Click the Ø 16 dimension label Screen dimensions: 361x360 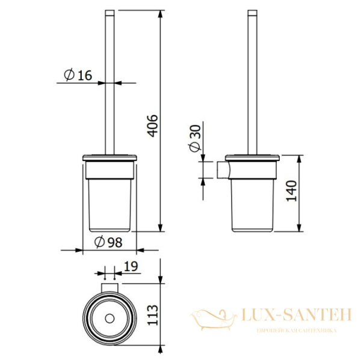pyautogui.click(x=78, y=75)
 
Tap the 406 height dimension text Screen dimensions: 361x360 pyautogui.click(x=153, y=126)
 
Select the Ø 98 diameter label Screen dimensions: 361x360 pyautogui.click(x=108, y=242)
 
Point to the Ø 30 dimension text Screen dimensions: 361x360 pyautogui.click(x=195, y=138)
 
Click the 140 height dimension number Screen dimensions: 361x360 pyautogui.click(x=291, y=191)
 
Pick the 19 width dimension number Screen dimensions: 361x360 pyautogui.click(x=131, y=266)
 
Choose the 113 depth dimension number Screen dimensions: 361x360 pyautogui.click(x=153, y=315)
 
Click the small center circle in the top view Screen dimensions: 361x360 pyautogui.click(x=110, y=319)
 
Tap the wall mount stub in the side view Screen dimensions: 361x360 pyautogui.click(x=223, y=170)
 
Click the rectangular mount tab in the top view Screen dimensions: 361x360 pyautogui.click(x=110, y=287)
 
